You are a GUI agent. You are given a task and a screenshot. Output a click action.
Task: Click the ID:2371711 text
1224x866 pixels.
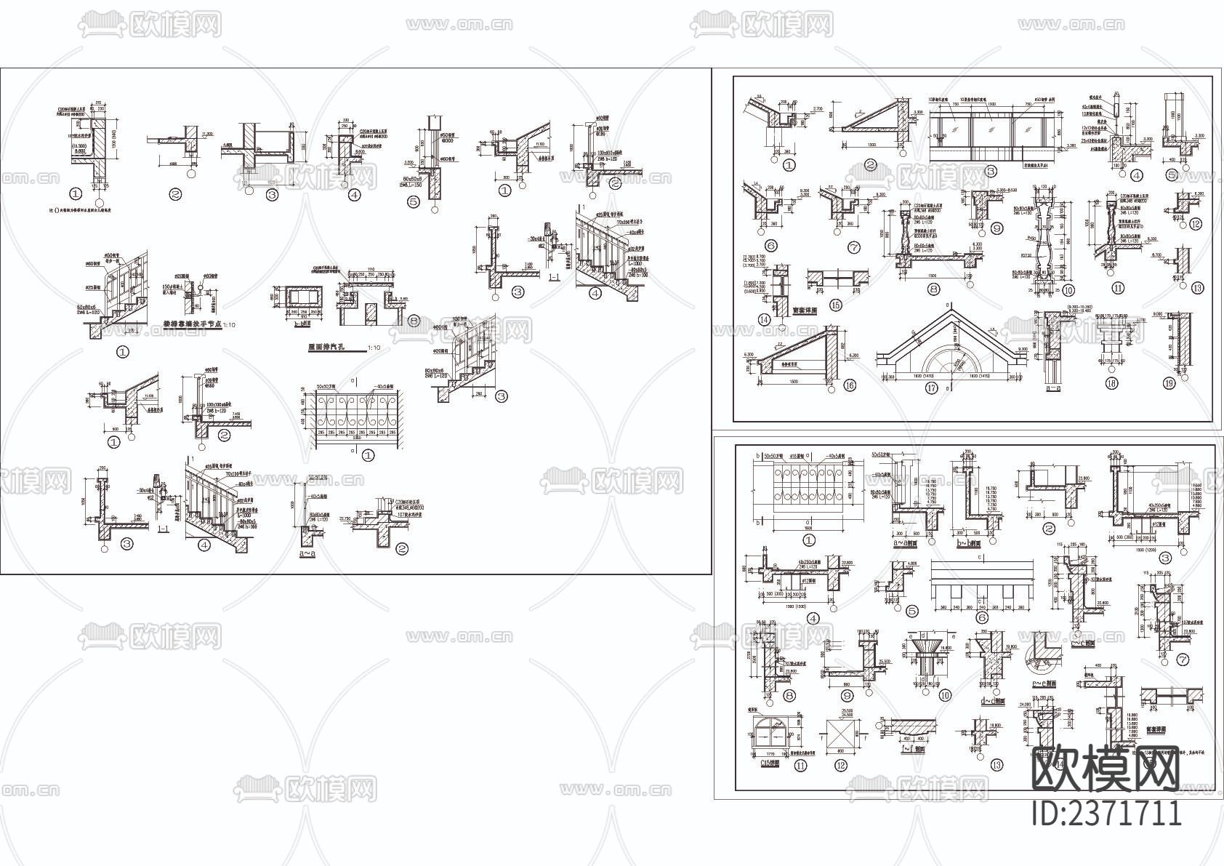pos(1107,812)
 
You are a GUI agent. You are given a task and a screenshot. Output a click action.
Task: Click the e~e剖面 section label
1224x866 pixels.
pos(1044,683)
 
